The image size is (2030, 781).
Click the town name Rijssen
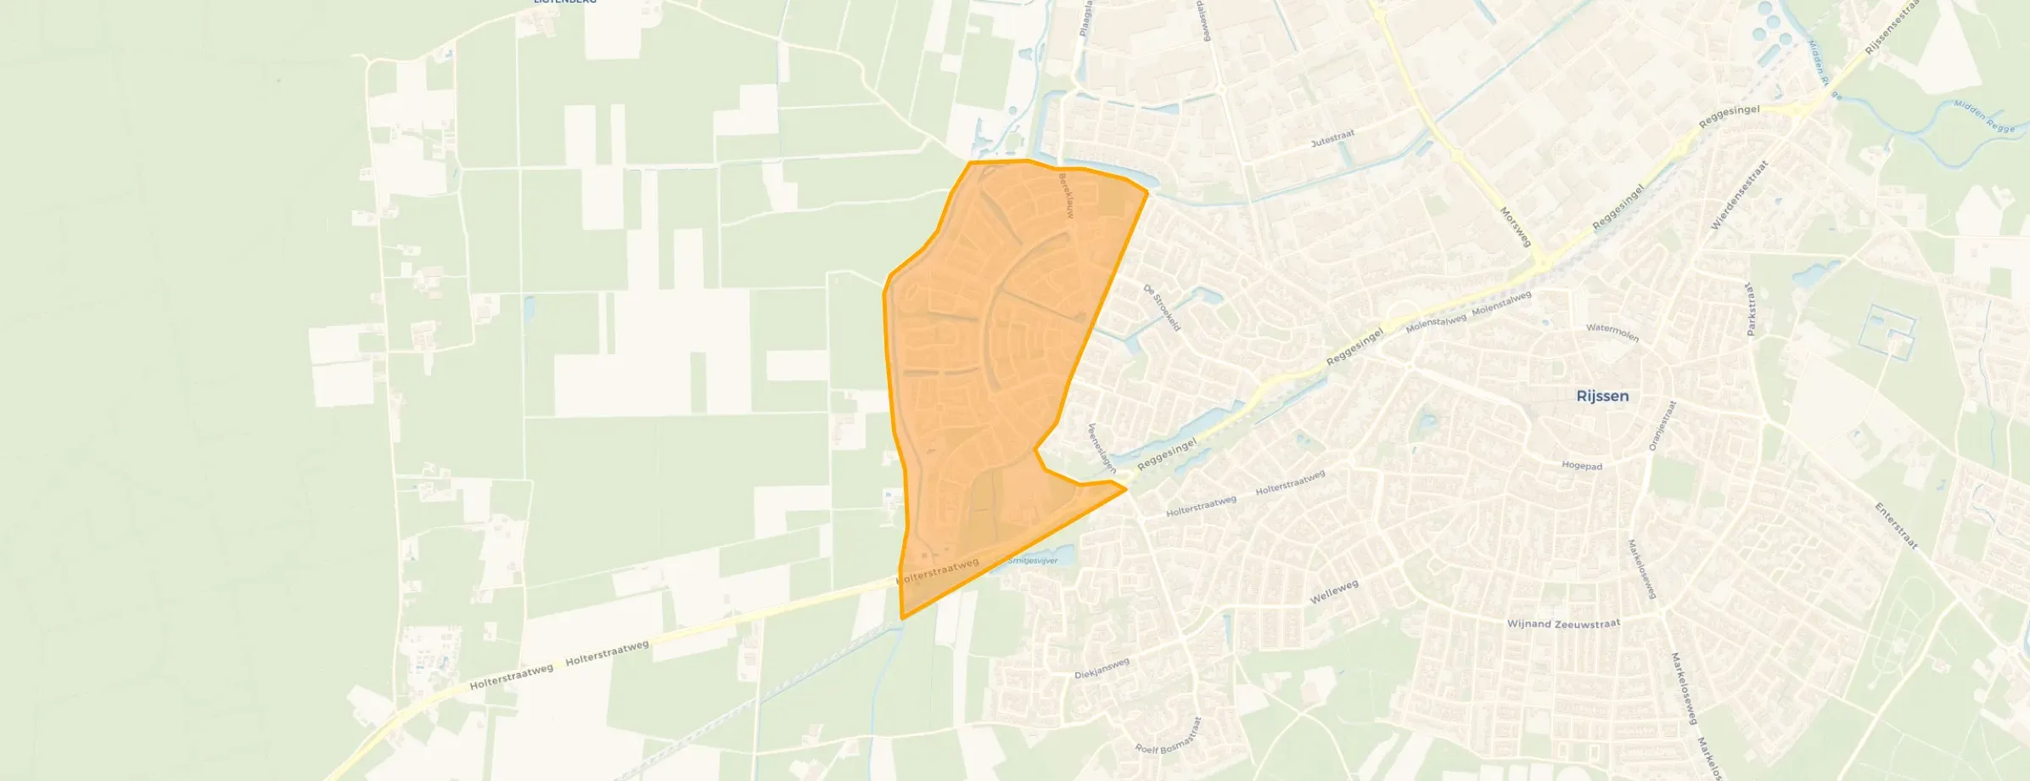click(1601, 396)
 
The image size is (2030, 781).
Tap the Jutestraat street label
click(1332, 138)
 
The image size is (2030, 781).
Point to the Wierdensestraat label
click(1739, 195)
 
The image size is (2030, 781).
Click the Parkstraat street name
click(1750, 309)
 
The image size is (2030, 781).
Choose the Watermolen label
click(1612, 332)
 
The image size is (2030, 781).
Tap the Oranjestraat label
click(1662, 425)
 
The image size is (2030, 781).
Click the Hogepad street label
click(1582, 466)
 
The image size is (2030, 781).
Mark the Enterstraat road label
click(1896, 525)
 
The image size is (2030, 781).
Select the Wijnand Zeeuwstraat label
click(1563, 624)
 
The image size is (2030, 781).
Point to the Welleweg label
click(1334, 592)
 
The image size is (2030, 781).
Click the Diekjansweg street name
click(1102, 669)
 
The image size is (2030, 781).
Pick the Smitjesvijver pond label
click(1033, 561)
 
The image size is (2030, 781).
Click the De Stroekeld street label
click(1162, 307)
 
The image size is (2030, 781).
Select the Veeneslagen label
click(1102, 447)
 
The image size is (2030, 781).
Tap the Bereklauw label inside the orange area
click(1066, 196)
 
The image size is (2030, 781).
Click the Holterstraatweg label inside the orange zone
click(938, 571)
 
